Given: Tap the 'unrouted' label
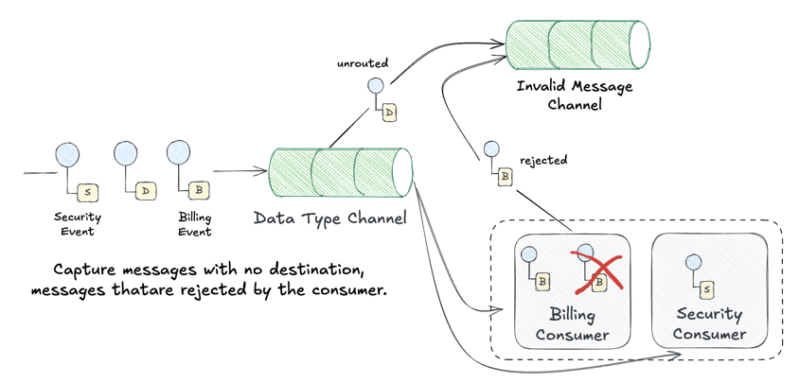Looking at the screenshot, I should pos(363,64).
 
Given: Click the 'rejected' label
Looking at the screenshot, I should pos(543,160).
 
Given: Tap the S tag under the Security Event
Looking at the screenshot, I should pos(88,192).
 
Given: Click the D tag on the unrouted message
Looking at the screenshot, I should pos(389,113).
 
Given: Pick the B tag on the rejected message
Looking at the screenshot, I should pos(506,175).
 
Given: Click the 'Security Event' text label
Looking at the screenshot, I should pos(79,224).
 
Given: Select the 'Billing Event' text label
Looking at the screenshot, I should pos(195,224).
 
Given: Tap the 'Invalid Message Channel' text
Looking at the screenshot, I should pos(575,95).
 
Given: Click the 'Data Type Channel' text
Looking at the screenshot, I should pos(329,218).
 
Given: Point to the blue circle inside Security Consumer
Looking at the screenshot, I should pos(688,255).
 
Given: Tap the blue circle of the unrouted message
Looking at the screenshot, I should pos(375,86).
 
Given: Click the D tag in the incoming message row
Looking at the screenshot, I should pos(145,191).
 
